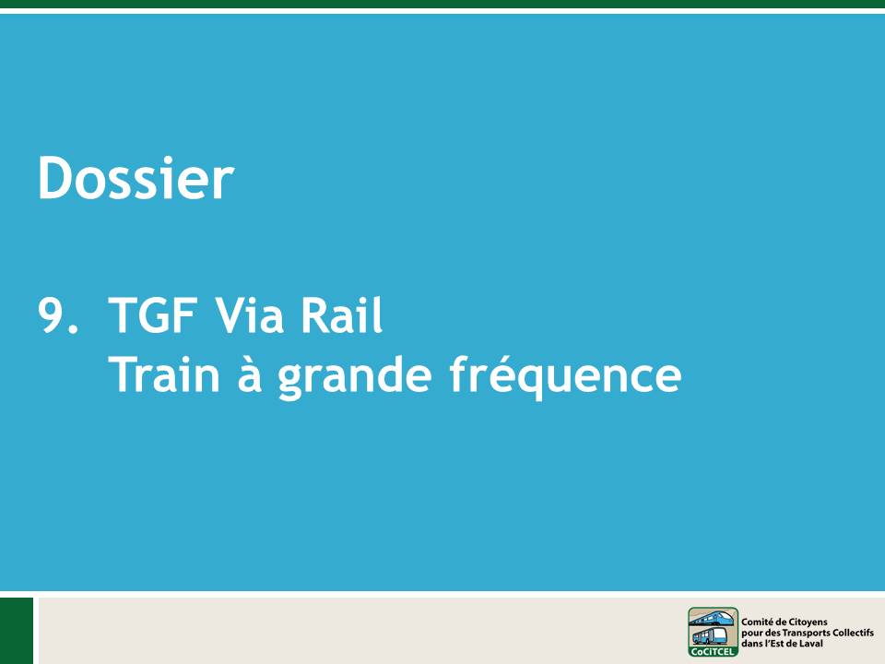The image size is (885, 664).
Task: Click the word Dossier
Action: pos(136,178)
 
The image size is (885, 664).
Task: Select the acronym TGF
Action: pos(152,315)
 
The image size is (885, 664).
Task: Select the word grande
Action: pos(355,376)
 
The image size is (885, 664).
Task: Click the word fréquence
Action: pos(565,376)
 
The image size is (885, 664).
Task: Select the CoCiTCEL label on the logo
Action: pos(713,652)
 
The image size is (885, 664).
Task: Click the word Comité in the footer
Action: pos(757,622)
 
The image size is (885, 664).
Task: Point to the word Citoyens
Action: pos(808,622)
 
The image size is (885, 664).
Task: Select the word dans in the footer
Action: pos(750,643)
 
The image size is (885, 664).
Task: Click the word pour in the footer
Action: pos(751,634)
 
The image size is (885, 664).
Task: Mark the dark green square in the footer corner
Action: pos(17,631)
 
